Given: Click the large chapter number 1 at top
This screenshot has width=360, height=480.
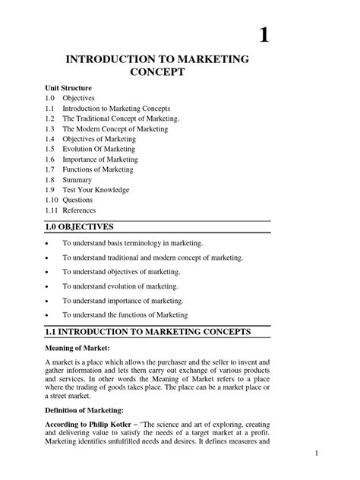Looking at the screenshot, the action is (264, 36).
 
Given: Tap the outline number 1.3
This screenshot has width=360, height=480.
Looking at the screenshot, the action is (49, 129).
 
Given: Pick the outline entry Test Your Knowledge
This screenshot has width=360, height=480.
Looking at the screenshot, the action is (96, 189).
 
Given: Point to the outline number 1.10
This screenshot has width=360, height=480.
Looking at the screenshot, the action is (52, 199).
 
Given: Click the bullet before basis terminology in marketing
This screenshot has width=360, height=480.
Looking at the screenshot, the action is (47, 245).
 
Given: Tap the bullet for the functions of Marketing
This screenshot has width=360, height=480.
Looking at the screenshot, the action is (47, 314).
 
